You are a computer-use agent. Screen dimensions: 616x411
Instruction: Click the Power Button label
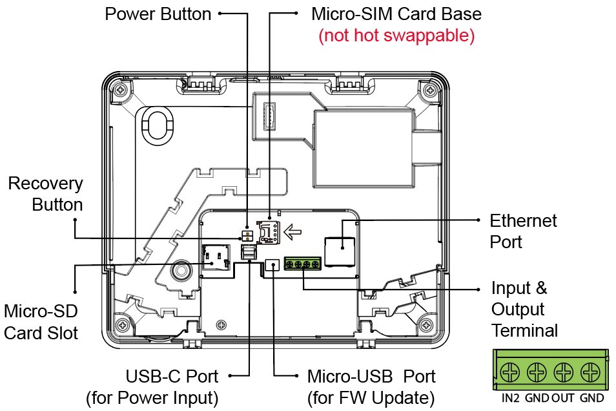(x=158, y=14)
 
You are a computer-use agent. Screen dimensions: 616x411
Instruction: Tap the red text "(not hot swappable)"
(x=396, y=35)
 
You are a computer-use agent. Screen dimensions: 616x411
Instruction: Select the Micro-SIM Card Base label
(x=396, y=14)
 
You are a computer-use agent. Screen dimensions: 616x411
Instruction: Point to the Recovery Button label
(x=46, y=194)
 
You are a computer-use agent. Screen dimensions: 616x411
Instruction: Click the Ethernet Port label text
(x=523, y=231)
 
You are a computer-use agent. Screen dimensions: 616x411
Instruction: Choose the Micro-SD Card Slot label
(x=41, y=322)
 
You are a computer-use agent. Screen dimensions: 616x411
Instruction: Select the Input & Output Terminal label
(x=524, y=309)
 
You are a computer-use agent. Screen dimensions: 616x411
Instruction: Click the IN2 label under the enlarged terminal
(x=510, y=398)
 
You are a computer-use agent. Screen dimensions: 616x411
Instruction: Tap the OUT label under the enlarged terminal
(x=562, y=398)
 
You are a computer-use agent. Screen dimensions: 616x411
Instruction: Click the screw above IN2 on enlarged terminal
(x=510, y=372)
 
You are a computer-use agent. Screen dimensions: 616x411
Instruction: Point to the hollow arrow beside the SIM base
(x=293, y=231)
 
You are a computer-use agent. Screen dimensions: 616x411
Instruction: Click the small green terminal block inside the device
(x=302, y=264)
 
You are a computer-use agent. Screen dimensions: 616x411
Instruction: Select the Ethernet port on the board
(x=340, y=252)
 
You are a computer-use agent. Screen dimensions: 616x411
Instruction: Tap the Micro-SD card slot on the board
(x=216, y=257)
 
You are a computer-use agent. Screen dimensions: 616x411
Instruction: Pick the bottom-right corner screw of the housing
(x=426, y=325)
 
